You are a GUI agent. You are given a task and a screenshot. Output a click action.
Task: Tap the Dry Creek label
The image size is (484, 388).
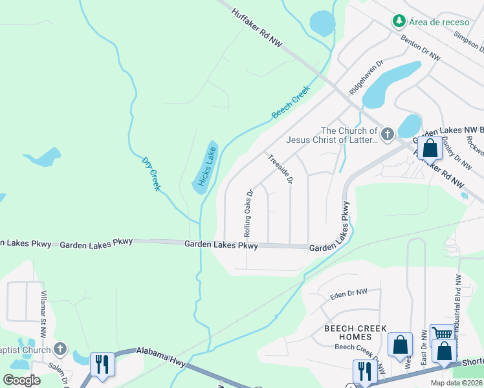coord(150,172)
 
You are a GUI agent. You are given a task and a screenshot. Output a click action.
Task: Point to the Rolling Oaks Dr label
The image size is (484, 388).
coord(247,212)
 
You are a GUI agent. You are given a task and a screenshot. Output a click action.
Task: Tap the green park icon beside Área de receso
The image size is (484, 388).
coord(399,21)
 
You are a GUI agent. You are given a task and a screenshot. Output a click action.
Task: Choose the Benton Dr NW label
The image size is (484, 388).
coord(421,48)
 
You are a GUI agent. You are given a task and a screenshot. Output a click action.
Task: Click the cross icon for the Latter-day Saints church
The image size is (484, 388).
coord(387,135)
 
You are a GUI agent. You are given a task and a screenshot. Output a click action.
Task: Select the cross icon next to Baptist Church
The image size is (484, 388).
coord(60,350)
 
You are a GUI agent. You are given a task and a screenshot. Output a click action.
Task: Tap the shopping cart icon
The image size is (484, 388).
coord(441,334)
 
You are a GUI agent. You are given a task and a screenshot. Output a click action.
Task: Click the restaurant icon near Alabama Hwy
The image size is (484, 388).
coord(102,363)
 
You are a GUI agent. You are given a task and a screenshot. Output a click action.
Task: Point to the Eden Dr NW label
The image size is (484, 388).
coord(348,293)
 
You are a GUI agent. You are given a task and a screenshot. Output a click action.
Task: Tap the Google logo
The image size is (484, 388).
coord(21,380)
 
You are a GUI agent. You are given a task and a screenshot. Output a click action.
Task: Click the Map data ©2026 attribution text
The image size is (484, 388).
coord(456,383)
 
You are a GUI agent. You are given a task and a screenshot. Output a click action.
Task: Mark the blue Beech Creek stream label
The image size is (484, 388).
coord(291,102)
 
